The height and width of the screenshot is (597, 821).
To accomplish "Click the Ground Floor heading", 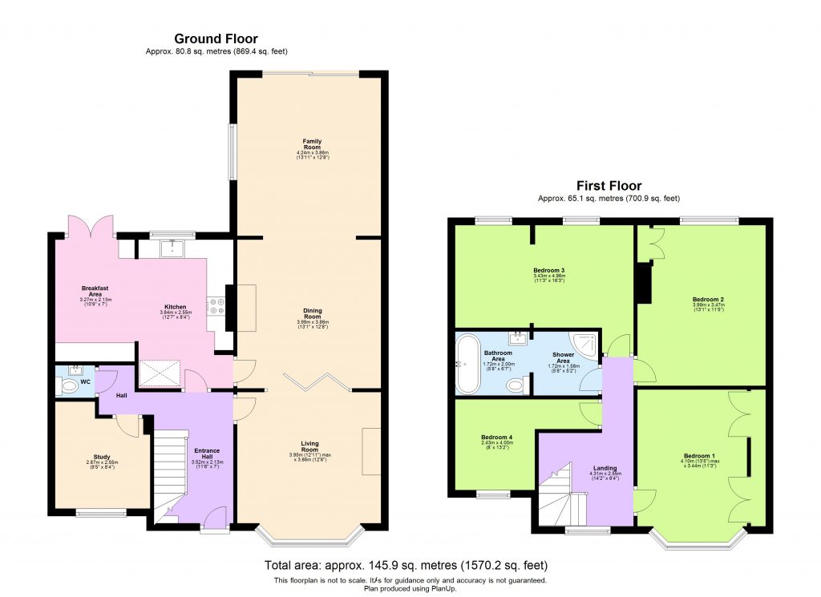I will (216, 38).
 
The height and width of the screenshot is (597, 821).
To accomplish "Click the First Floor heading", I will (609, 186).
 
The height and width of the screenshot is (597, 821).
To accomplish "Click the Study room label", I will (101, 457).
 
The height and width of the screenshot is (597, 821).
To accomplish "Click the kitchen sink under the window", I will (172, 249).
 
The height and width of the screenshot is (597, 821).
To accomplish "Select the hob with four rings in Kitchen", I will (215, 305).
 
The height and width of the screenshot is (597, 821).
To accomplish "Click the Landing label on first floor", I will (605, 468).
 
